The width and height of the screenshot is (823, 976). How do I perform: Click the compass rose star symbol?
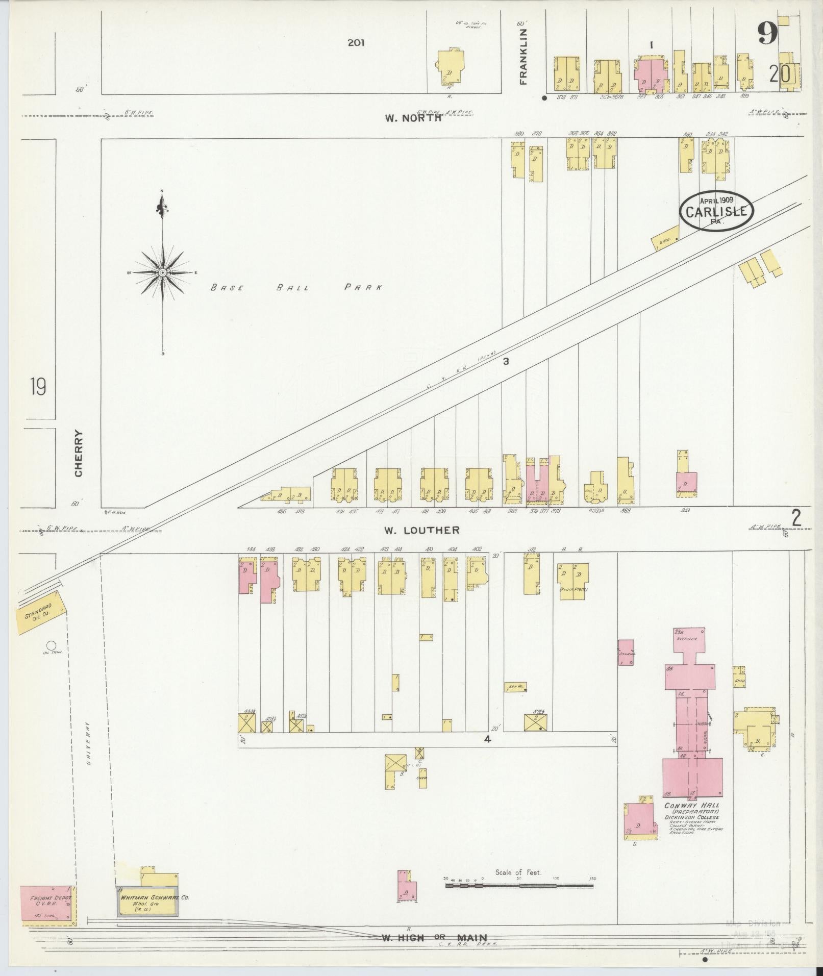(162, 273)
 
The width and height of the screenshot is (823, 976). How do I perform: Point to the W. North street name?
(413, 118)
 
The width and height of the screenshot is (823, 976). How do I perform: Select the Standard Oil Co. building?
(41, 612)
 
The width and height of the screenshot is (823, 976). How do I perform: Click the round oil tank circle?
(51, 645)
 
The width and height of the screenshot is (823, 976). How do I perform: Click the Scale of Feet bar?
(519, 886)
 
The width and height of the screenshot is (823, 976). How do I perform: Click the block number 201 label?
(356, 43)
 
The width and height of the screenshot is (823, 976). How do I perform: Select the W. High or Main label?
(434, 937)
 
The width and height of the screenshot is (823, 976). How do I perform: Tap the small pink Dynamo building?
(626, 652)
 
